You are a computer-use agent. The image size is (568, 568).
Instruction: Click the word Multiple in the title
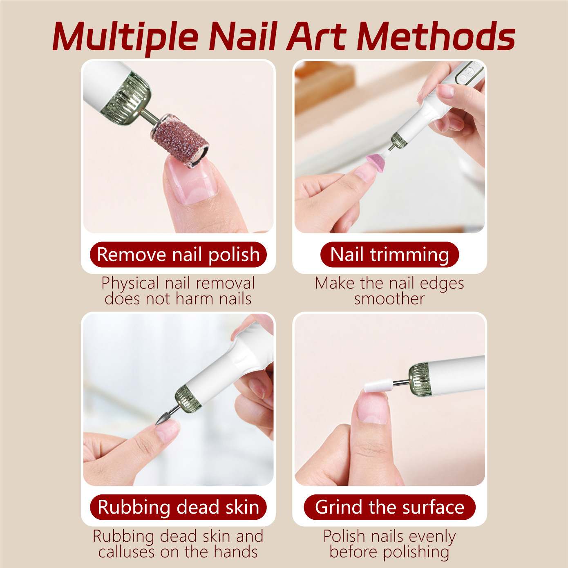(125, 38)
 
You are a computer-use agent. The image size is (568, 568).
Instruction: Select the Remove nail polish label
(178, 255)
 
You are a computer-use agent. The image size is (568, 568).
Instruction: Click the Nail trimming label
(389, 255)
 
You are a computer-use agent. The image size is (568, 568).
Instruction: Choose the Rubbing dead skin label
(178, 507)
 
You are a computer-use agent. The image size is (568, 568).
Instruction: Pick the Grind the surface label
(389, 507)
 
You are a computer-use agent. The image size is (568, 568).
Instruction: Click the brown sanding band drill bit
(180, 141)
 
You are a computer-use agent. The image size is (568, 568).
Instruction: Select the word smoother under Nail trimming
(389, 299)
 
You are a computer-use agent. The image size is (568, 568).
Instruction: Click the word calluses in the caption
(126, 552)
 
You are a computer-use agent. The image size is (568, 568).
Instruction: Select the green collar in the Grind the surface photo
(419, 380)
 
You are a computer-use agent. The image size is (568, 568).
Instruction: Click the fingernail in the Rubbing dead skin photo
(168, 432)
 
